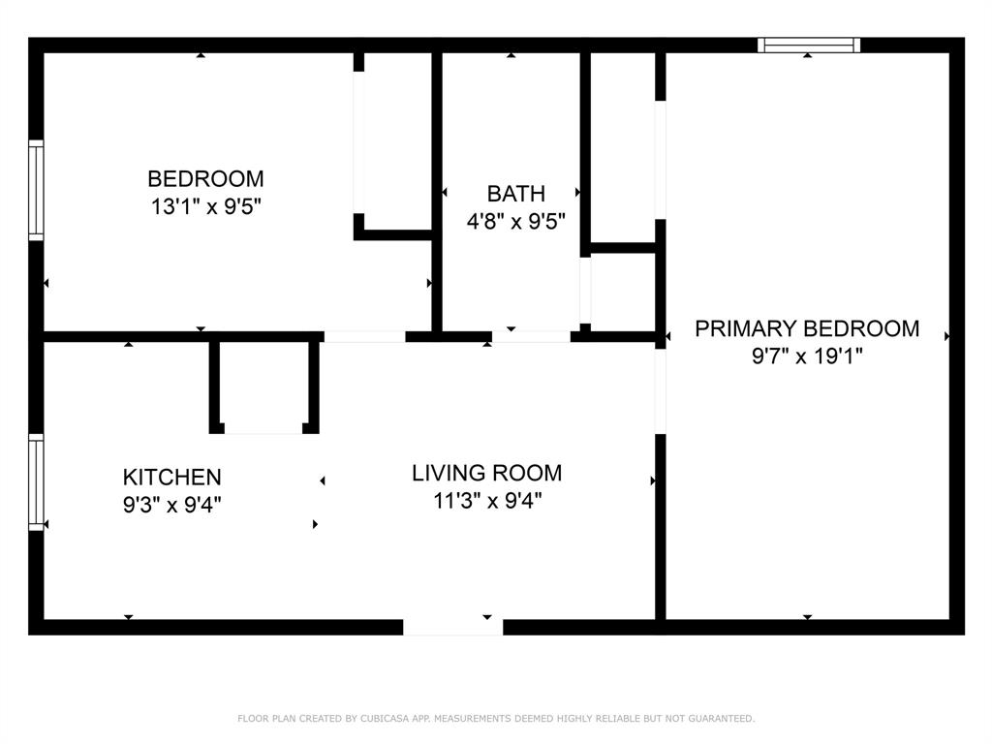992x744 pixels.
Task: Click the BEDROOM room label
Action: tap(205, 179)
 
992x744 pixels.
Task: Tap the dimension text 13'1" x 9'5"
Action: tap(205, 206)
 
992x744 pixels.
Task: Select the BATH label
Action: tap(515, 194)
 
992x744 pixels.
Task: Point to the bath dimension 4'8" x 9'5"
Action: tap(515, 222)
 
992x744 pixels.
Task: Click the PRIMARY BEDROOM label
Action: tap(807, 329)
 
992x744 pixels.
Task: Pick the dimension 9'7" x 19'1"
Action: tap(807, 356)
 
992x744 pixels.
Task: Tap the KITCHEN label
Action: tap(172, 477)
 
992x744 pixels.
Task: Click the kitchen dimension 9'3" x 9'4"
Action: tap(172, 505)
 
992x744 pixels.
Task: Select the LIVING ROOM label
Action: tap(486, 473)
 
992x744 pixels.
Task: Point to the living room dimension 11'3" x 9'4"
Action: tap(487, 501)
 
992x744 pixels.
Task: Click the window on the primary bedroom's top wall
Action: tap(809, 45)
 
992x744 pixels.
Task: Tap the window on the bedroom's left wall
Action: tap(36, 191)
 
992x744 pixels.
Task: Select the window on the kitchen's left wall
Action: tap(36, 482)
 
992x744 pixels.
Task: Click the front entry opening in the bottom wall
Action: tap(453, 627)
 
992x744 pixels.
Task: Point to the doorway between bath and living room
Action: tap(532, 336)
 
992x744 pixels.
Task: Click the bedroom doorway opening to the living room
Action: tap(364, 336)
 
